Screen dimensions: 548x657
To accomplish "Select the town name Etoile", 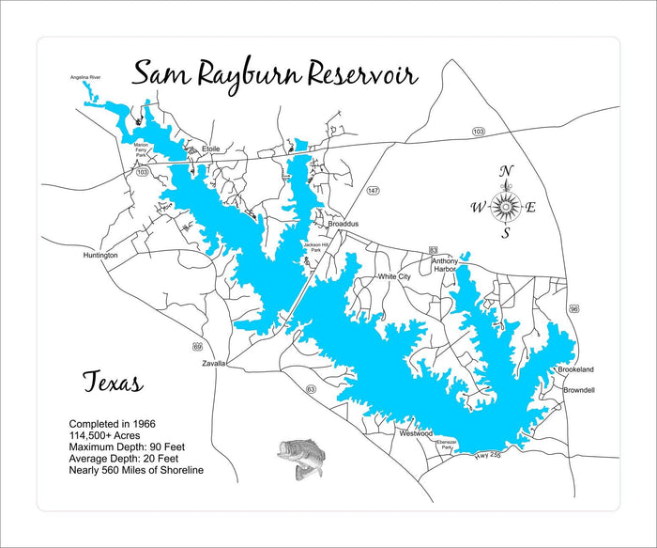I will (x=211, y=149).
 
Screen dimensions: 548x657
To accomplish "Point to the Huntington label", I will (x=100, y=255).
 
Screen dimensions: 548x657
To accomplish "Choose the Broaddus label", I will (x=343, y=225).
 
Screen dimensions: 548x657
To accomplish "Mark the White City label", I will (x=393, y=277).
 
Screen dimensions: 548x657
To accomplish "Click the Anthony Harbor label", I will (x=444, y=264).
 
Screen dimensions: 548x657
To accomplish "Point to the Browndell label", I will (x=579, y=389).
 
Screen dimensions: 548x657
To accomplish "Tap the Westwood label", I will (x=416, y=433).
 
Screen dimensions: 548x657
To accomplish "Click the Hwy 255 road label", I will (x=487, y=456).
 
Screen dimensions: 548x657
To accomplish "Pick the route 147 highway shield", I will (x=373, y=191).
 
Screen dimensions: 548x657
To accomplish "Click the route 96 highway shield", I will (x=574, y=308).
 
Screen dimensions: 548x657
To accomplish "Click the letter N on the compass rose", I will (x=506, y=170).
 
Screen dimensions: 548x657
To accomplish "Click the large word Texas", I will (x=112, y=384).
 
